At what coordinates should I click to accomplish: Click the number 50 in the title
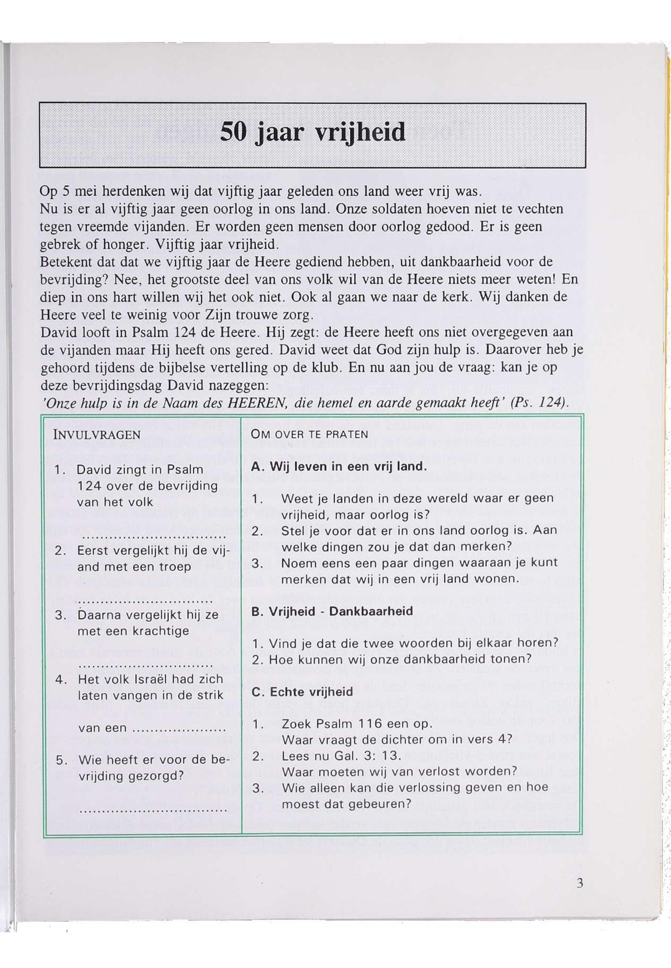point(234,132)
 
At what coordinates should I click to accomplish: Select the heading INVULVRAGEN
point(97,435)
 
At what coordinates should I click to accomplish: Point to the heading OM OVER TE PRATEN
point(309,434)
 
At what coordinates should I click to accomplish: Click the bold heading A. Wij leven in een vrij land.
point(339,467)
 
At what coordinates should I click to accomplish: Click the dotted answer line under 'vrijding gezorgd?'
point(153,810)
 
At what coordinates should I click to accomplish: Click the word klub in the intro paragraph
point(323,367)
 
